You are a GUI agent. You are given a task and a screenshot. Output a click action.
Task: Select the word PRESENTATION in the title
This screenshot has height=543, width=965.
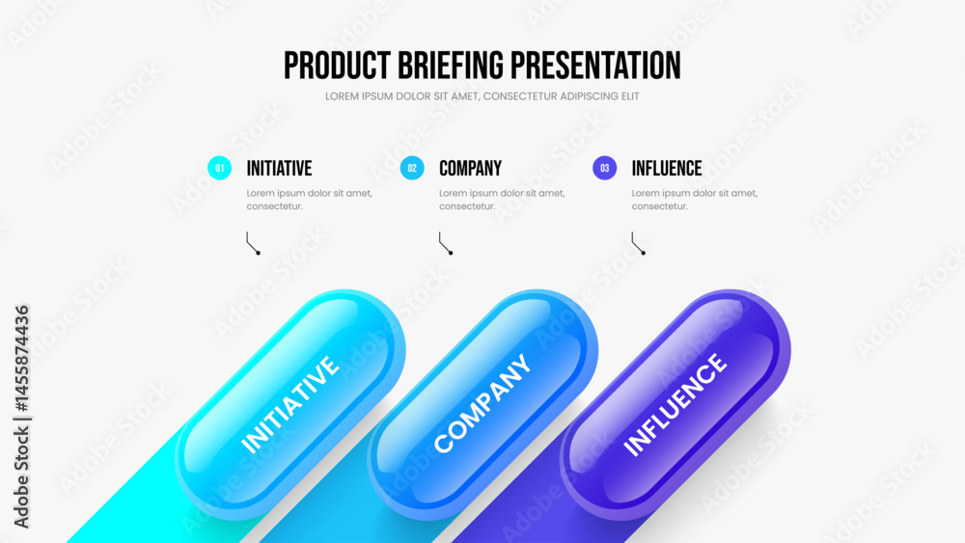point(595,66)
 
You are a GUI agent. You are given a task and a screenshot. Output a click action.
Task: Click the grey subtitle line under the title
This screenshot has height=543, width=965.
point(482,96)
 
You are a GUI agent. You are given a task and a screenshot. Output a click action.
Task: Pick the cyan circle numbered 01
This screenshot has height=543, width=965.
point(220,168)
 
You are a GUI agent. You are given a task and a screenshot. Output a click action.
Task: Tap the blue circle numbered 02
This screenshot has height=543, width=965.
point(412,168)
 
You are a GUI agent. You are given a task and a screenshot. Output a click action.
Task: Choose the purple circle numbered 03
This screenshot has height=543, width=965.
point(604,168)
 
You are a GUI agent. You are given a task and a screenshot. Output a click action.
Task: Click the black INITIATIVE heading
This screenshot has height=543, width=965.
point(280,169)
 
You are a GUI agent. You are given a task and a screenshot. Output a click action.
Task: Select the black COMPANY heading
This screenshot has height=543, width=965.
point(470,169)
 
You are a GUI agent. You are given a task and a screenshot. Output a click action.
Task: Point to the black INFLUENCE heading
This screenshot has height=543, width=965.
point(667,169)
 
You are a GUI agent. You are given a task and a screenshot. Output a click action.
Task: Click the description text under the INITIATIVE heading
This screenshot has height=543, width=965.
point(310,200)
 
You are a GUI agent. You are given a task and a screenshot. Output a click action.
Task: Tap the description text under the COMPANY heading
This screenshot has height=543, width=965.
point(502,200)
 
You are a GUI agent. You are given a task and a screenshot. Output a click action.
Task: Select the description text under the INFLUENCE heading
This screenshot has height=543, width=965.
point(695,200)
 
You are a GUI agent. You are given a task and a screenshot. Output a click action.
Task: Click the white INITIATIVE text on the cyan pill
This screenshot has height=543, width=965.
point(289,405)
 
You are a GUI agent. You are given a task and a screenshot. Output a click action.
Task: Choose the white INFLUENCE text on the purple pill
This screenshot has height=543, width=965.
point(675,404)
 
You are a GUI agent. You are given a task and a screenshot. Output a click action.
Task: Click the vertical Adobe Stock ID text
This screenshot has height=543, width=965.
point(21,417)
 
